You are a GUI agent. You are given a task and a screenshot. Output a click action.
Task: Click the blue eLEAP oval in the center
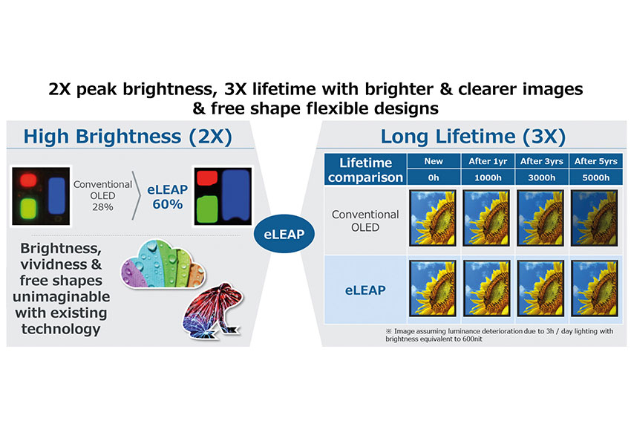(284, 234)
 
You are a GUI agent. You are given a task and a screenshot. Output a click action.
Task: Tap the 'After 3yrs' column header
(542, 161)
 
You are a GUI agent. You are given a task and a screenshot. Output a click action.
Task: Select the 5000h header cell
(595, 177)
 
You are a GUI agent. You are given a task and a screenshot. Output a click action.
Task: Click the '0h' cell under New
(434, 177)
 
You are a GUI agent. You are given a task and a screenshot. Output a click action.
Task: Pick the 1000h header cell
(488, 177)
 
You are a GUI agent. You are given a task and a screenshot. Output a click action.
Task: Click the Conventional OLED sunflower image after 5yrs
(595, 218)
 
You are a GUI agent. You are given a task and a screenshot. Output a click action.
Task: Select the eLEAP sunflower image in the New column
(433, 288)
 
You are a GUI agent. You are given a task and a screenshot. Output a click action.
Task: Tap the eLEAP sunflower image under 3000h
(540, 288)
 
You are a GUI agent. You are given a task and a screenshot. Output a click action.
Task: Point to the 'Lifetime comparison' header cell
(365, 169)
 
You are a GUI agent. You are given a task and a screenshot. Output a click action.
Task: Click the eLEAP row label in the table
(365, 290)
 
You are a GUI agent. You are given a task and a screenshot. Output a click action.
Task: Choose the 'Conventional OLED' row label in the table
(365, 221)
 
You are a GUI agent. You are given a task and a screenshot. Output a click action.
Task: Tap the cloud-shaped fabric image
(163, 264)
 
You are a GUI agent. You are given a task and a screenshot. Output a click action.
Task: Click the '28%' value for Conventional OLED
(102, 207)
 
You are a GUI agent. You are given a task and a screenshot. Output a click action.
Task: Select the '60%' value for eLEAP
(168, 204)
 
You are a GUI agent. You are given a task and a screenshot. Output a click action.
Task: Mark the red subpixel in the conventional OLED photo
(28, 180)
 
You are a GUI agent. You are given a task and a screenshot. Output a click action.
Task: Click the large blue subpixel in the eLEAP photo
(236, 195)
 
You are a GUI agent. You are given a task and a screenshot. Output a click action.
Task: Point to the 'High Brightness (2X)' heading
(128, 137)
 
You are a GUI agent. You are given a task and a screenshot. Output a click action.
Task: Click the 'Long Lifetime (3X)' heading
(474, 137)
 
